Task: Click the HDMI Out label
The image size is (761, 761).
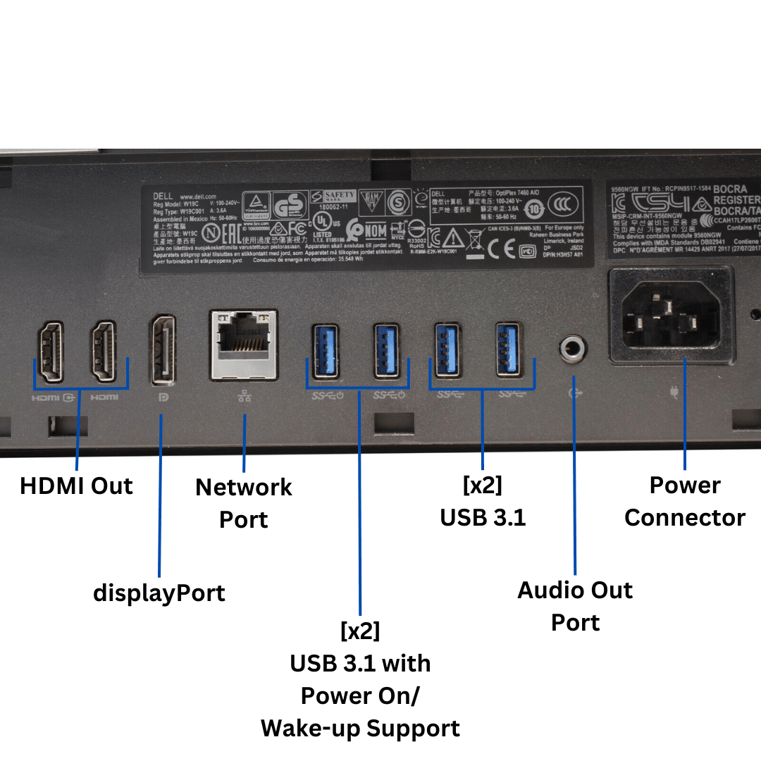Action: tap(76, 486)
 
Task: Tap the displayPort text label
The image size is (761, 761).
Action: tap(159, 593)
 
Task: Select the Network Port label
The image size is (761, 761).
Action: tap(244, 503)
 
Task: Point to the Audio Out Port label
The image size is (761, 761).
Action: tap(575, 606)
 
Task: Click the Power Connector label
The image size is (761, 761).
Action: tap(685, 501)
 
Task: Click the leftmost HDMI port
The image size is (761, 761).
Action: tap(51, 352)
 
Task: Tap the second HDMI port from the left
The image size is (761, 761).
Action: tap(104, 352)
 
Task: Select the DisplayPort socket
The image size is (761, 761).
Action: tap(161, 350)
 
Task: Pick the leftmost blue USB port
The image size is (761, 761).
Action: tap(324, 351)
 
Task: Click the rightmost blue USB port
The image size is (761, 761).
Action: tap(509, 349)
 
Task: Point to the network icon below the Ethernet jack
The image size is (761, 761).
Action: tap(245, 396)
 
